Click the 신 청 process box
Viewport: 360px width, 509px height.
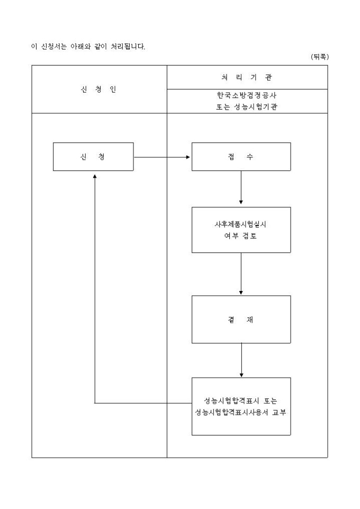coord(94,157)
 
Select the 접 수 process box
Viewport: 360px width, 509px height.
coord(241,157)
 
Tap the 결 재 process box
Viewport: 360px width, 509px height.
coord(241,319)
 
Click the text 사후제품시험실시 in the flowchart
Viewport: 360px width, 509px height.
coord(240,224)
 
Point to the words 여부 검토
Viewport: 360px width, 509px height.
coord(240,235)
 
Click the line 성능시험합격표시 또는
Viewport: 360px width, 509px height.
coord(240,401)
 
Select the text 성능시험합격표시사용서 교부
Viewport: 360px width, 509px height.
coord(240,412)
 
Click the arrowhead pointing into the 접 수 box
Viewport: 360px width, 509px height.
coord(188,157)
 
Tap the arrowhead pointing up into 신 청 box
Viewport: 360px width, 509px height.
coord(94,174)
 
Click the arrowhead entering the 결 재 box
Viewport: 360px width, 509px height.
coord(241,292)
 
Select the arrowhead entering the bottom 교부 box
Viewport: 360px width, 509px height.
coord(241,374)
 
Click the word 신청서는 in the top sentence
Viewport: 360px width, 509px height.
coord(51,46)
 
